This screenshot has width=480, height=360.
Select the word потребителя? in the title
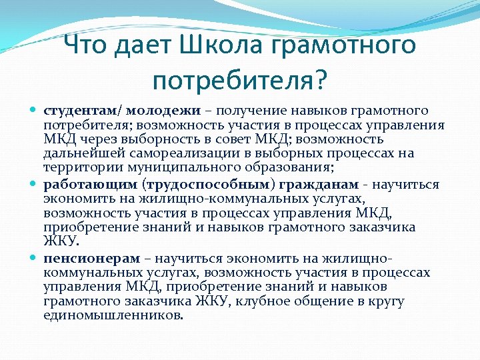point(239,80)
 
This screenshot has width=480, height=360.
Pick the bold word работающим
point(86,185)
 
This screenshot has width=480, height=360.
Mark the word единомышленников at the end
point(113,315)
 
